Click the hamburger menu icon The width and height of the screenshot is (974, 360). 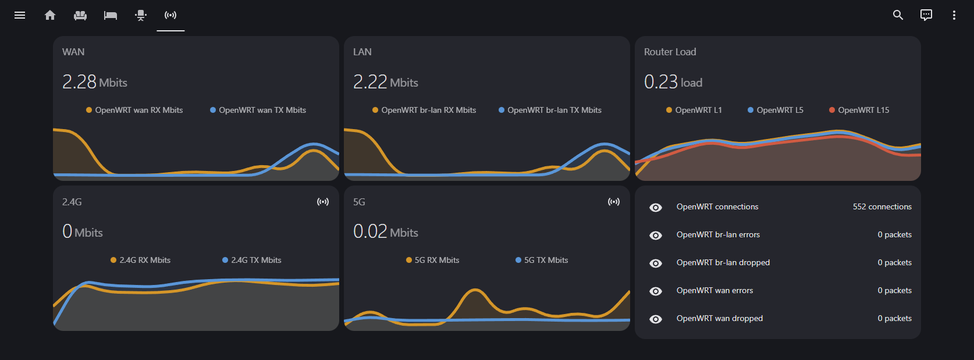pos(20,15)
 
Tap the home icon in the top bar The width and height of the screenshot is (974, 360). pos(50,15)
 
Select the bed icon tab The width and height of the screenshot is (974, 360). pos(111,15)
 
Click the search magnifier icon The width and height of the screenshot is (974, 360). pos(898,15)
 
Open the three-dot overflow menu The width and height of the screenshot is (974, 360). pos(954,15)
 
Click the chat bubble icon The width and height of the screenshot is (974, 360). pos(926,15)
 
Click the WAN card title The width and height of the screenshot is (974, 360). pos(73,52)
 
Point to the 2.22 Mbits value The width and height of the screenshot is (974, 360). pos(385,82)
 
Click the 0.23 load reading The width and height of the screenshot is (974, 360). pos(673,82)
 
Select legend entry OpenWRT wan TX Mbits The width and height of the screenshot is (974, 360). pos(262,110)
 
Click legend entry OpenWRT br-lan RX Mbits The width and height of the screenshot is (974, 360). pos(428,110)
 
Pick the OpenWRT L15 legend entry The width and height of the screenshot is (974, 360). pos(863,110)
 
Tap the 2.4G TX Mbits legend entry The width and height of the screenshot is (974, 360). pos(255,260)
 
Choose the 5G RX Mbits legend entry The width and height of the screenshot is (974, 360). pos(436,260)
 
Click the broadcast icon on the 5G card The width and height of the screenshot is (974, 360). pos(613,202)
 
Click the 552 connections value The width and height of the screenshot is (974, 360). pos(882,206)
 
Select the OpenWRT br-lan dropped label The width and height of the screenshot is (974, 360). pos(723,262)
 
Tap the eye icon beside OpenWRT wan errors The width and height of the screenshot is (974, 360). pos(656,291)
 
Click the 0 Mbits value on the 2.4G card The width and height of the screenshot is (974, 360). pos(82,232)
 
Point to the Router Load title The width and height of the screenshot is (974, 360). pos(670,52)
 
